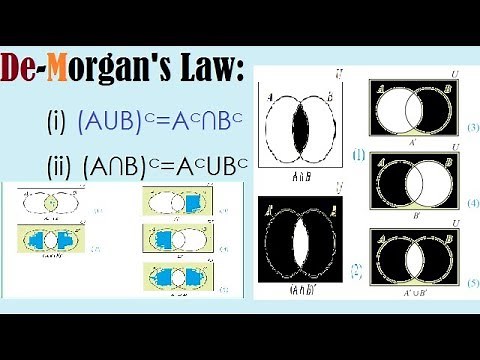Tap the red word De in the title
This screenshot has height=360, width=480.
(x=21, y=72)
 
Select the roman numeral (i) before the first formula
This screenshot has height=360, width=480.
(x=57, y=123)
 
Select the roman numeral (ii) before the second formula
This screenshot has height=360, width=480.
(x=59, y=165)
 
